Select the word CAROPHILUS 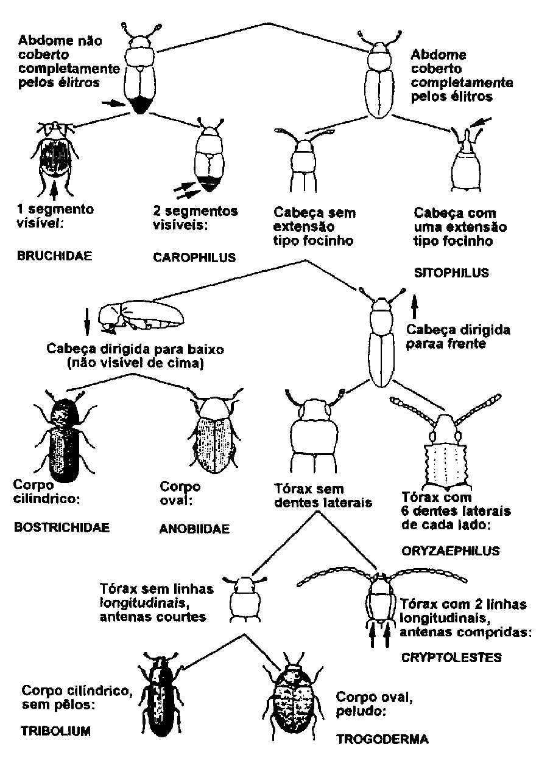[x=194, y=257]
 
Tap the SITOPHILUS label [x=451, y=273]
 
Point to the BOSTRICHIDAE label [x=62, y=527]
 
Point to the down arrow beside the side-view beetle [x=87, y=321]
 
